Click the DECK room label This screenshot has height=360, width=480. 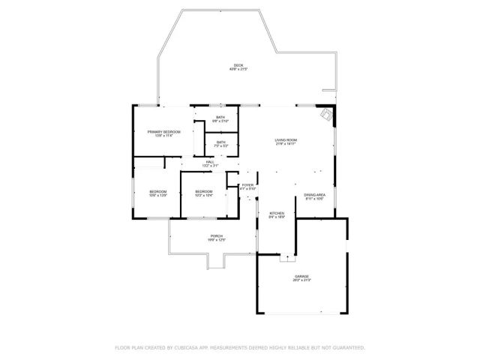coord(238,65)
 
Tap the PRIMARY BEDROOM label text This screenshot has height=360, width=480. coord(163,131)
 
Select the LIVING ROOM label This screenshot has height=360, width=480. coord(286,140)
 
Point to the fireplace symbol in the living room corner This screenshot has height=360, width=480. coord(326,115)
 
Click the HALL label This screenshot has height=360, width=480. coord(210,162)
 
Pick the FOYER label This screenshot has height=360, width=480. coord(247,184)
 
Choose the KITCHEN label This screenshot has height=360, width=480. coord(277,213)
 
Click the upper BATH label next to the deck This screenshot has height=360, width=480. coord(220,117)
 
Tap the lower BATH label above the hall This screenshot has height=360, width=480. coord(220,142)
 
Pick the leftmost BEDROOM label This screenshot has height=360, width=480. coord(157,191)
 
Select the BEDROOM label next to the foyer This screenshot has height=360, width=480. coord(204,191)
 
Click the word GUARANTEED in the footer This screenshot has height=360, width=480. coord(348,348)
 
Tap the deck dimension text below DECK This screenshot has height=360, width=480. coord(238,70)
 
